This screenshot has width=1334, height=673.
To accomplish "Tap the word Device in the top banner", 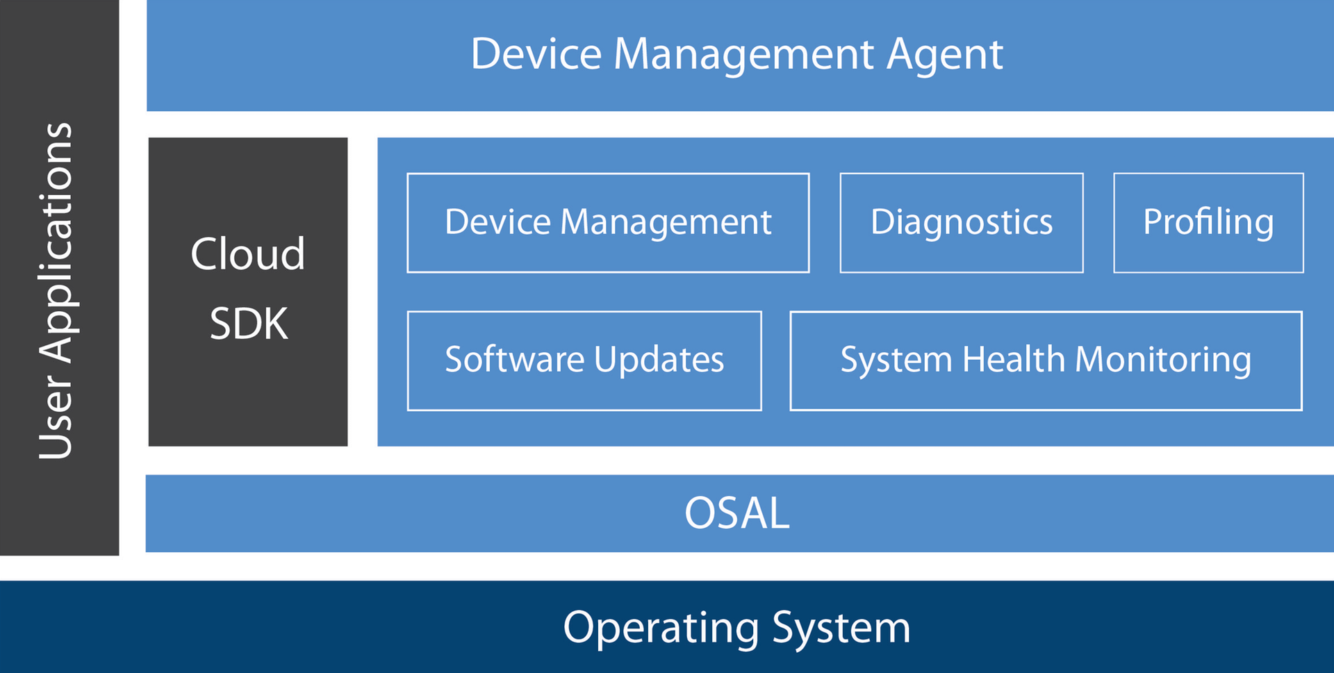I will point(536,54).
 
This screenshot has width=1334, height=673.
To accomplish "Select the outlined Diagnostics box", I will point(962,223).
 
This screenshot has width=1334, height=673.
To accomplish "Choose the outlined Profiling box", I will point(1208,223).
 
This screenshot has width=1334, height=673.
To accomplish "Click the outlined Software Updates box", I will point(584,361).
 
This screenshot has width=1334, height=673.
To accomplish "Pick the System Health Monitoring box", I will point(1046,361).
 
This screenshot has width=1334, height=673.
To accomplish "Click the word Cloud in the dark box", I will point(248,254).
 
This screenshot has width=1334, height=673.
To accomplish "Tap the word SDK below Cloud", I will point(249,324).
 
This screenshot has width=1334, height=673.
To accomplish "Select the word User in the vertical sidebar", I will point(56,417).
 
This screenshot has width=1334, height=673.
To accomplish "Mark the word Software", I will point(515,360).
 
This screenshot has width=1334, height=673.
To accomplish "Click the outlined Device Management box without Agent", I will point(608,223).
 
